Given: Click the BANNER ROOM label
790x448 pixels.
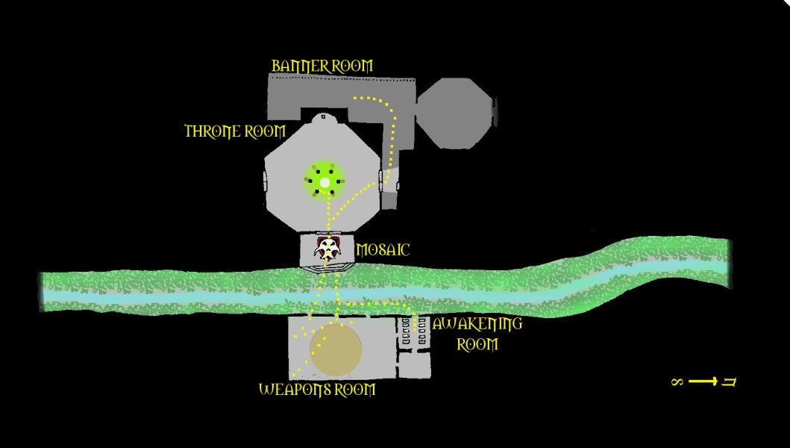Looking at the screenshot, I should (322, 66).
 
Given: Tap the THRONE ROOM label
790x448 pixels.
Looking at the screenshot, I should (235, 132).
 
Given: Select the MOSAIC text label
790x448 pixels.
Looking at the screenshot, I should (383, 250).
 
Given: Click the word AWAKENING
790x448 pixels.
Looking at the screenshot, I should (477, 325).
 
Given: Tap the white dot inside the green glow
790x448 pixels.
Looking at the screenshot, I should (325, 182).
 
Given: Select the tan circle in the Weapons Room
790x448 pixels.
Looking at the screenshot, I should (336, 350).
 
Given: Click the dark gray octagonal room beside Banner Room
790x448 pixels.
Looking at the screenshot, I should (454, 113).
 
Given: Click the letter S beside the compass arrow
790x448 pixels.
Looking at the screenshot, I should (677, 382).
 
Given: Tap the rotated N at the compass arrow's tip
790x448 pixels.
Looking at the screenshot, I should (730, 382).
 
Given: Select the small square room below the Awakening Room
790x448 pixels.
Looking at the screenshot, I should (414, 365).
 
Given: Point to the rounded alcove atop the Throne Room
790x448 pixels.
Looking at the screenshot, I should (322, 118).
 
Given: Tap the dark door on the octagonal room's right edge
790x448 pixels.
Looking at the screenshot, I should (495, 112).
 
